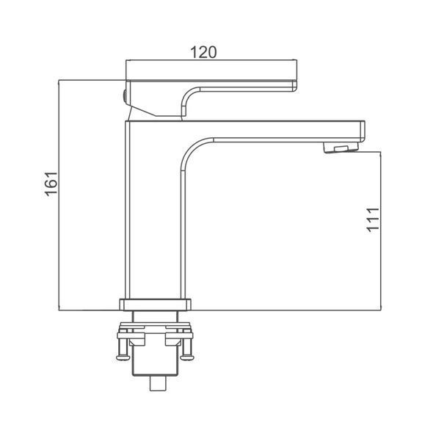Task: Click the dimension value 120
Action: [203, 52]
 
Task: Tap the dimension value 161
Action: [51, 184]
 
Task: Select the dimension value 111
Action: [373, 220]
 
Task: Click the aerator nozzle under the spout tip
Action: [341, 148]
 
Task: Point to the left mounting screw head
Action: [123, 357]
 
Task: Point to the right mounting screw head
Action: [186, 357]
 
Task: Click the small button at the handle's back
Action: [124, 98]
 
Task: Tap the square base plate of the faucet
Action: [155, 305]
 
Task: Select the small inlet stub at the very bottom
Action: [158, 384]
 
